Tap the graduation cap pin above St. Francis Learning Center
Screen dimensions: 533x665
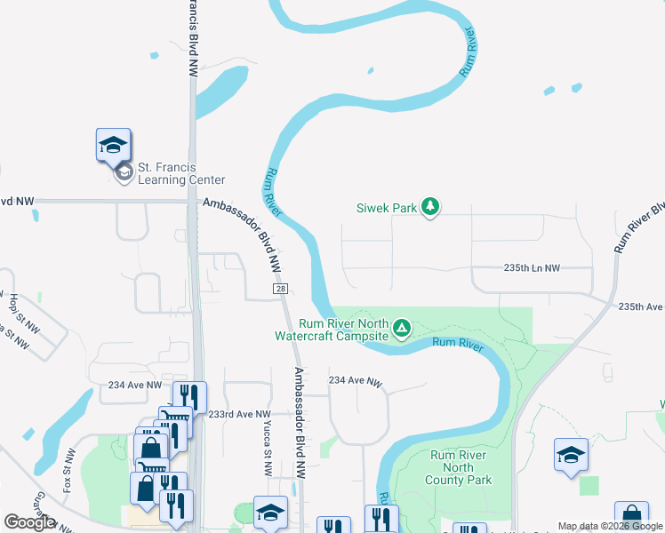pos(113,144)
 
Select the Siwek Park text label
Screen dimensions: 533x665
pos(387,208)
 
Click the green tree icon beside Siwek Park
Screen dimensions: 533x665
pos(430,207)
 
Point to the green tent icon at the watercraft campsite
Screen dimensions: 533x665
pos(402,329)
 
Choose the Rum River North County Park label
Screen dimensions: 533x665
pos(459,467)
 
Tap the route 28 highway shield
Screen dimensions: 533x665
pos(281,290)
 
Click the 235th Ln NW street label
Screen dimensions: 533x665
pos(533,267)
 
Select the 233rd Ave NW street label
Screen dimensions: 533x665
pos(238,414)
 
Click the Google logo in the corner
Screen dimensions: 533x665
pos(29,522)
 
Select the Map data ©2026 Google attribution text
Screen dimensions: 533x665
pos(610,526)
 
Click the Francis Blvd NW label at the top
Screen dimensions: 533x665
pos(193,30)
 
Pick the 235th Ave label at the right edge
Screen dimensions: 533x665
pos(641,306)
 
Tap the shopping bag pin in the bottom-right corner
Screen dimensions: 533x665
pos(630,515)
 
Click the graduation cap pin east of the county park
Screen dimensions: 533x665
pos(570,454)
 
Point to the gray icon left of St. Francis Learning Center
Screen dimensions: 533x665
pos(124,172)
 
